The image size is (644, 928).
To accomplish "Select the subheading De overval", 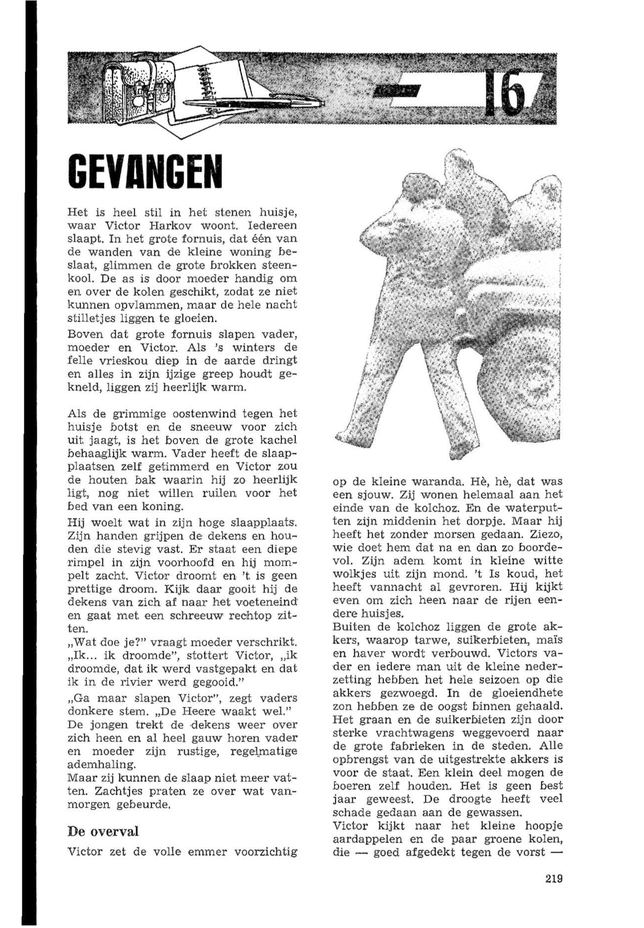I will click(x=103, y=819).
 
